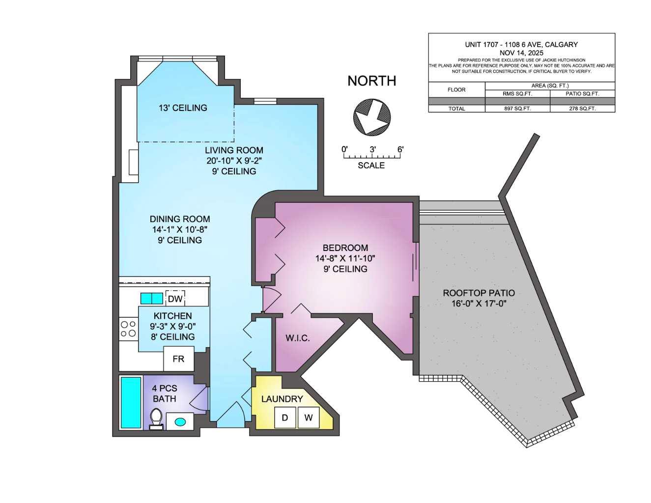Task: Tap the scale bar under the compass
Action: (372, 157)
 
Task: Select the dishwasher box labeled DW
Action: (175, 299)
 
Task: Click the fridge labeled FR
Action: (178, 359)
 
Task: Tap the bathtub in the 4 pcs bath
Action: (131, 402)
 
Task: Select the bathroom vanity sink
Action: (180, 421)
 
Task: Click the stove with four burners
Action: (128, 329)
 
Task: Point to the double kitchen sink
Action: (151, 298)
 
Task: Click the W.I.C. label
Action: (298, 338)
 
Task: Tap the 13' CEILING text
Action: (183, 108)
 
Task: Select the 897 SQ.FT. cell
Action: (517, 109)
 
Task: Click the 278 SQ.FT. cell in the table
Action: (582, 109)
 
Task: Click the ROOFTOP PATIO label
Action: (479, 293)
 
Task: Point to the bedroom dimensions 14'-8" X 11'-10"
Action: (345, 258)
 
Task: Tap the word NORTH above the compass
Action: (371, 81)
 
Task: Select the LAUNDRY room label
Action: (282, 399)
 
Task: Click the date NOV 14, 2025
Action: (521, 53)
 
